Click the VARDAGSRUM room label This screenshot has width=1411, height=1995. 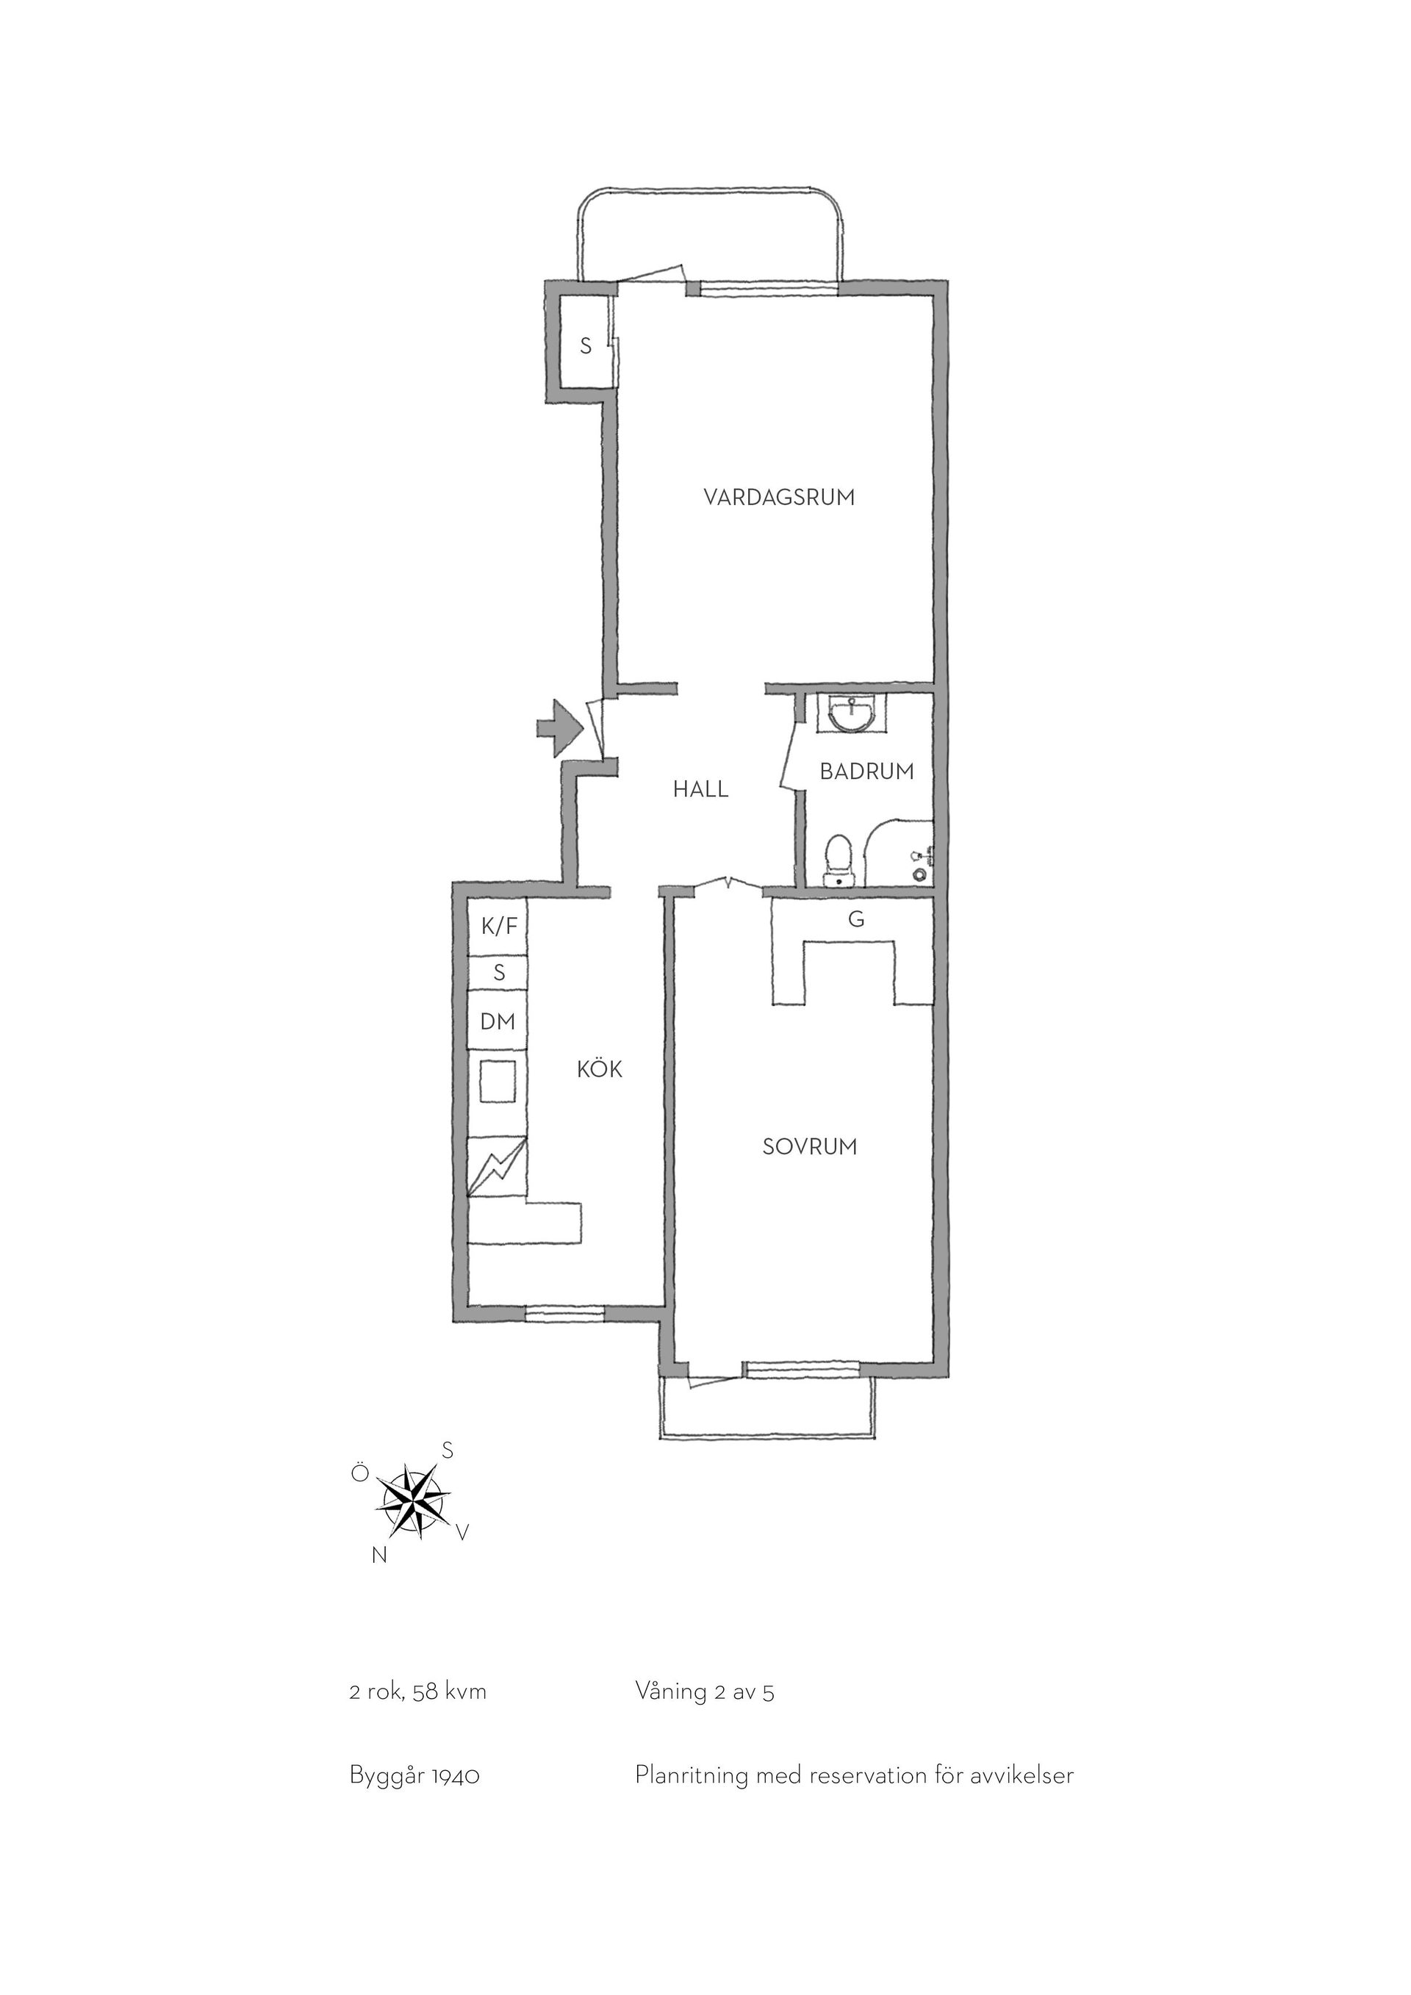point(778,498)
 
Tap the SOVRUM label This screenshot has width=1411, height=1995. point(810,1147)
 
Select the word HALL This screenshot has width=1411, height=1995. point(700,790)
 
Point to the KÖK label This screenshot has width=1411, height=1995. point(600,1068)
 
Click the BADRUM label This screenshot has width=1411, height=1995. point(867,771)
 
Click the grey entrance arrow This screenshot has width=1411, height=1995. point(559,730)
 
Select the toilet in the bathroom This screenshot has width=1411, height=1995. point(839,860)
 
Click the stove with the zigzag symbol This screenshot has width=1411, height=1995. point(498,1168)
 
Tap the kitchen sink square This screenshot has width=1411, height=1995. point(498,1082)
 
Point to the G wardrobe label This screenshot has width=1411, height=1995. point(856,919)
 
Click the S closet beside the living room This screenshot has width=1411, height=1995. point(586,346)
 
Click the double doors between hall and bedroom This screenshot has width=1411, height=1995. point(728,884)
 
